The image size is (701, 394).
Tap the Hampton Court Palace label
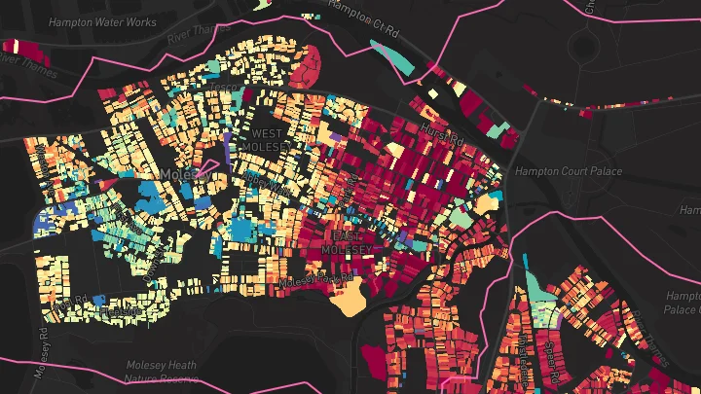(554, 171)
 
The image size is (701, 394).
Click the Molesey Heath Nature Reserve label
(161, 373)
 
